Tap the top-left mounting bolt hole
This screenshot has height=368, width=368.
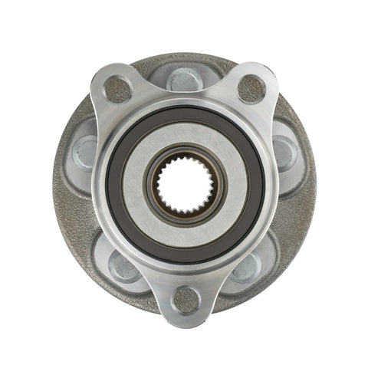[117, 89]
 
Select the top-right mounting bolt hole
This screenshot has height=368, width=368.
[251, 89]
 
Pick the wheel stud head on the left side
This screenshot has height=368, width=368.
[85, 151]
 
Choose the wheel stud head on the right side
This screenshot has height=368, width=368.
[284, 151]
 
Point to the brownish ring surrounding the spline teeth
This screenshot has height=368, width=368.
[185, 153]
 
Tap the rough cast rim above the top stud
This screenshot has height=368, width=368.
[184, 59]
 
